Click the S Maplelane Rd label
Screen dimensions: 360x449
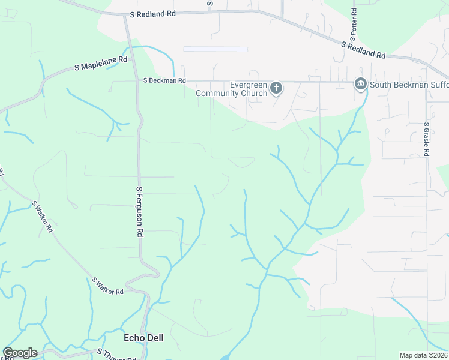tap(101, 64)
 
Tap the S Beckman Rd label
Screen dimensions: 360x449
tap(164, 80)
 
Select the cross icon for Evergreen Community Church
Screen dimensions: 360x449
tap(276, 89)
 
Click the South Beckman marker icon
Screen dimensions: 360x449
tap(360, 84)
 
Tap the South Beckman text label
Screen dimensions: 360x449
tap(408, 85)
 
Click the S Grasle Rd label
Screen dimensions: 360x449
tap(426, 140)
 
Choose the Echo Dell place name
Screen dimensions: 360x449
tap(143, 338)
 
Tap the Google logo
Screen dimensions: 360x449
tap(20, 353)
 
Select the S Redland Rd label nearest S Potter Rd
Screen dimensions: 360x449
tap(363, 49)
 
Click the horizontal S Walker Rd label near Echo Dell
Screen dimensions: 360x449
tap(107, 286)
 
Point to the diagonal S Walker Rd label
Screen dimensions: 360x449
tap(43, 217)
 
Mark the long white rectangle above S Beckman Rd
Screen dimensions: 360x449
tap(215, 49)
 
